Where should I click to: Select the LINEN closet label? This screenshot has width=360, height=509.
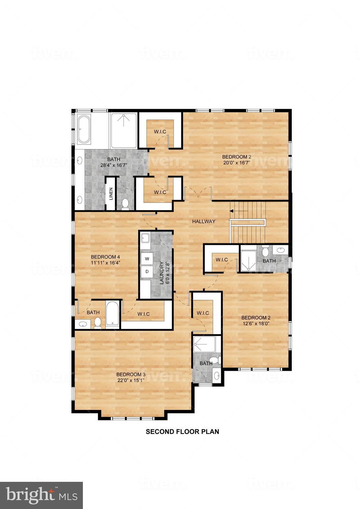111,194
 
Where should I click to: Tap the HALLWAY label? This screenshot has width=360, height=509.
204,221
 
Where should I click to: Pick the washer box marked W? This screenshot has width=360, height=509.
147,258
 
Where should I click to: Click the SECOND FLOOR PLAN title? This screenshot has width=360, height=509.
183,431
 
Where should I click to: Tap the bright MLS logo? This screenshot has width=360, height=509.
41,495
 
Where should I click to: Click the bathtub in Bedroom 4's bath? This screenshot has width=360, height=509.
112,314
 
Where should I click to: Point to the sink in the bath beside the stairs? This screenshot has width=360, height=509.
282,250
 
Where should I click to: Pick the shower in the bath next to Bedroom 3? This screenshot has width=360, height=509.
204,345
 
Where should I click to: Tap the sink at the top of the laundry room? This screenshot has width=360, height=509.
145,238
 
